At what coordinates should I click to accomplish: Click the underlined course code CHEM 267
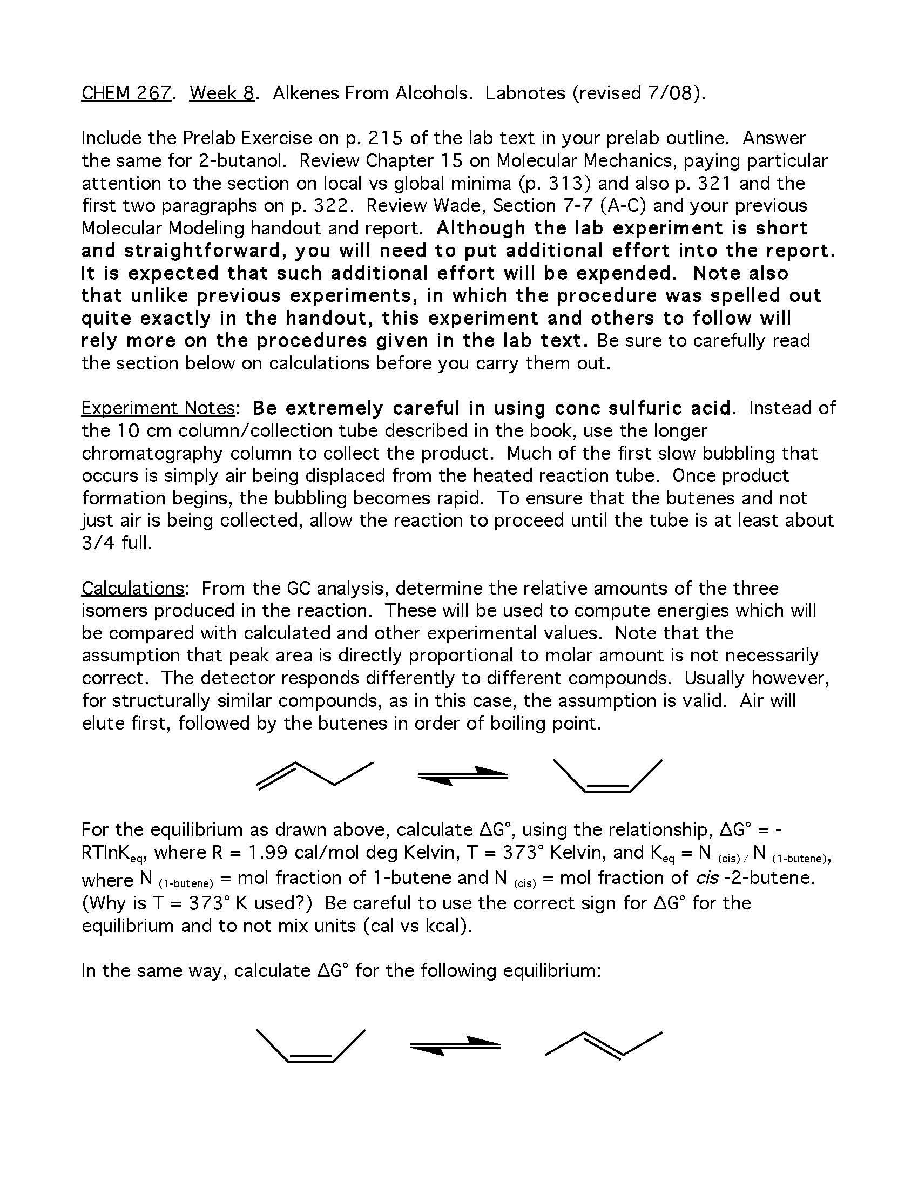point(126,93)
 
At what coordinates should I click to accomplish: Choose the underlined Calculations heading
point(133,588)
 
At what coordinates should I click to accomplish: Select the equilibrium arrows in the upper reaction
point(463,775)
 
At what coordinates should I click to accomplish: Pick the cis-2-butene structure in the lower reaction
point(310,1045)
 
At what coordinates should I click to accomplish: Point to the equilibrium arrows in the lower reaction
point(455,1045)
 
